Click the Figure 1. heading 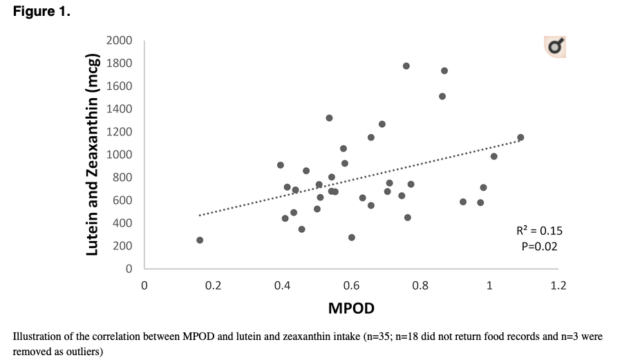point(41,12)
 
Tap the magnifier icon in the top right point(555,46)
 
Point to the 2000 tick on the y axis point(119,41)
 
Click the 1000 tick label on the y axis point(119,155)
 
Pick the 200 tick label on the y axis point(122,246)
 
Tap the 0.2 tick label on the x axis point(213,285)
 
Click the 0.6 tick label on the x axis point(351,285)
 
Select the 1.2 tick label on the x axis point(558,285)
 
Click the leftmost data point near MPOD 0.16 point(200,240)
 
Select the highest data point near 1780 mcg point(406,66)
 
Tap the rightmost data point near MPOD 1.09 point(520,138)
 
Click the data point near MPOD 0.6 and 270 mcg point(352,237)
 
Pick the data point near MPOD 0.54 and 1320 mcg point(329,118)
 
